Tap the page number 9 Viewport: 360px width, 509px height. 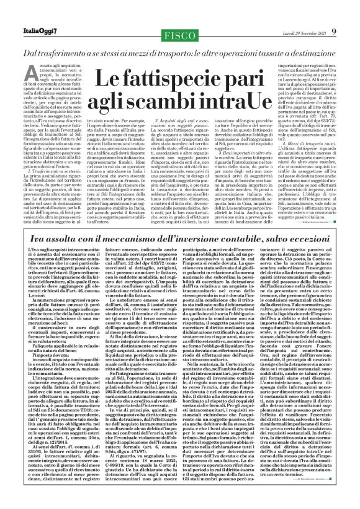[352, 12]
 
